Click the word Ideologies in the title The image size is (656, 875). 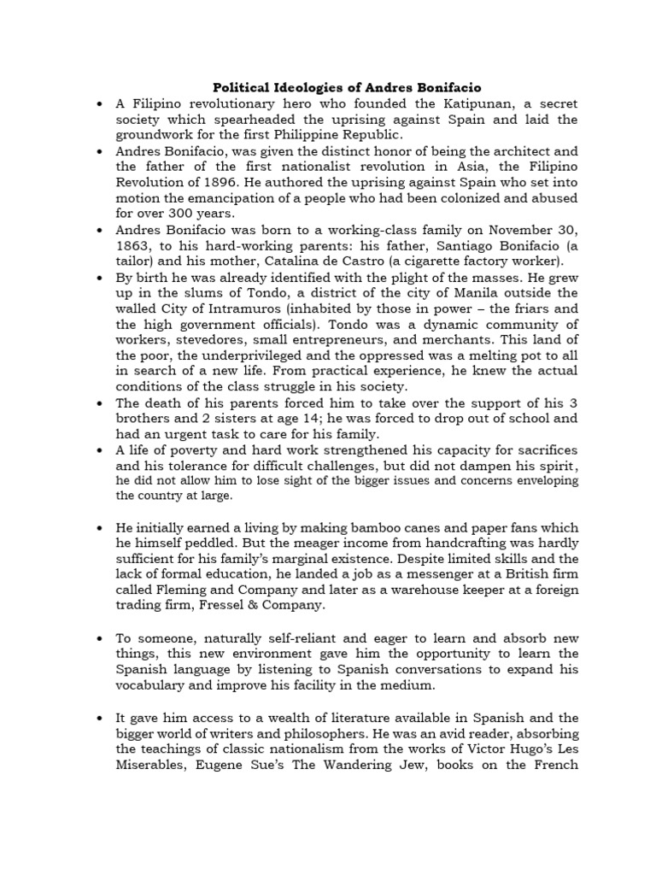[x=307, y=87]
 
